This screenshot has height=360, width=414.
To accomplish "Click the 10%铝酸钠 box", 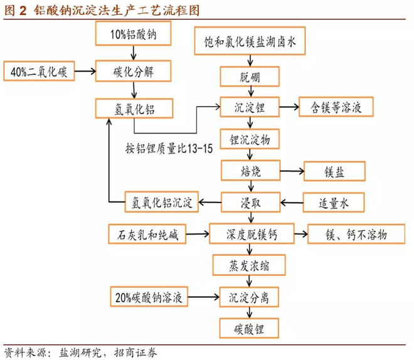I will coord(133,35).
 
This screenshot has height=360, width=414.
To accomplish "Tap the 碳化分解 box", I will coord(132,71).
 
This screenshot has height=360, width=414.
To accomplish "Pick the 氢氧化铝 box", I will coord(133,108).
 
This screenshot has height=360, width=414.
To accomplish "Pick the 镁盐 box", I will coord(334,171).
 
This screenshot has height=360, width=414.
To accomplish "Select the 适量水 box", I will coord(334,202).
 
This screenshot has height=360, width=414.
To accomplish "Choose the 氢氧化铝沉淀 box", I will coord(162,202).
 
